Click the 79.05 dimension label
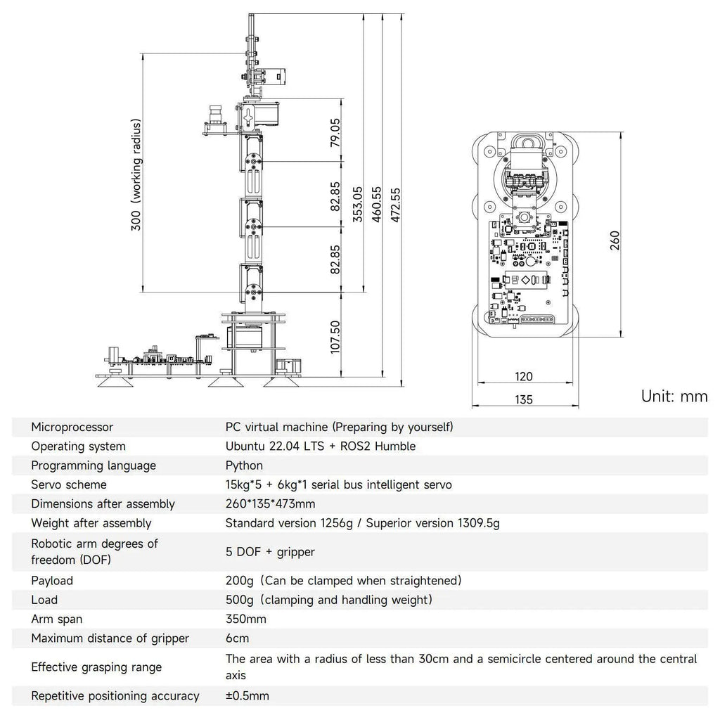(x=335, y=132)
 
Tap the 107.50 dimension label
(x=335, y=337)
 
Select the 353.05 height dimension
(x=358, y=204)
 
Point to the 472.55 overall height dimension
(x=395, y=205)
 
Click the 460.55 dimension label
(x=377, y=204)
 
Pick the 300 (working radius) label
(x=136, y=174)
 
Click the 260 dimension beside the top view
(x=615, y=240)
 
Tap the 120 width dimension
(x=523, y=377)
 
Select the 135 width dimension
(x=523, y=399)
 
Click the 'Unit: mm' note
(x=674, y=397)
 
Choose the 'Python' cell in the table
(x=244, y=465)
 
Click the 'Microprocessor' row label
(x=72, y=427)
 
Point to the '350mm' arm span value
(x=245, y=619)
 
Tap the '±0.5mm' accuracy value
(x=247, y=695)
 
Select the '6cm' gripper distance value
(x=238, y=638)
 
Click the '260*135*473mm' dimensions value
(x=271, y=503)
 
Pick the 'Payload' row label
(x=52, y=580)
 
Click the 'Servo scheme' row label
(x=69, y=484)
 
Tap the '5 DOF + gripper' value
(x=270, y=551)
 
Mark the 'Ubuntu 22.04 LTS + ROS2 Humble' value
(x=321, y=446)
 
